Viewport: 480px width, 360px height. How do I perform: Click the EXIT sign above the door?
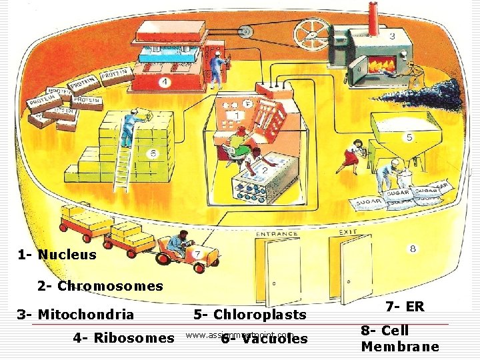point(348,233)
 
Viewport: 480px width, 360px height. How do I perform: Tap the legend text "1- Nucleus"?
point(57,255)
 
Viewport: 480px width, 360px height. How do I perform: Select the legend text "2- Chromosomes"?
point(100,286)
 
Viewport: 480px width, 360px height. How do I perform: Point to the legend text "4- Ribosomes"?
point(124,338)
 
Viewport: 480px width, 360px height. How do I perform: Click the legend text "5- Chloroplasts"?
point(250,315)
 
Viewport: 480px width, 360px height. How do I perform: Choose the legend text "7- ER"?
point(405,307)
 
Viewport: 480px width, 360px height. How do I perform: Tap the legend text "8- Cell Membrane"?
point(399,339)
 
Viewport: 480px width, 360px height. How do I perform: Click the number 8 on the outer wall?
point(413,249)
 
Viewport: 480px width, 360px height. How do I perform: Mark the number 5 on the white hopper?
point(409,137)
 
